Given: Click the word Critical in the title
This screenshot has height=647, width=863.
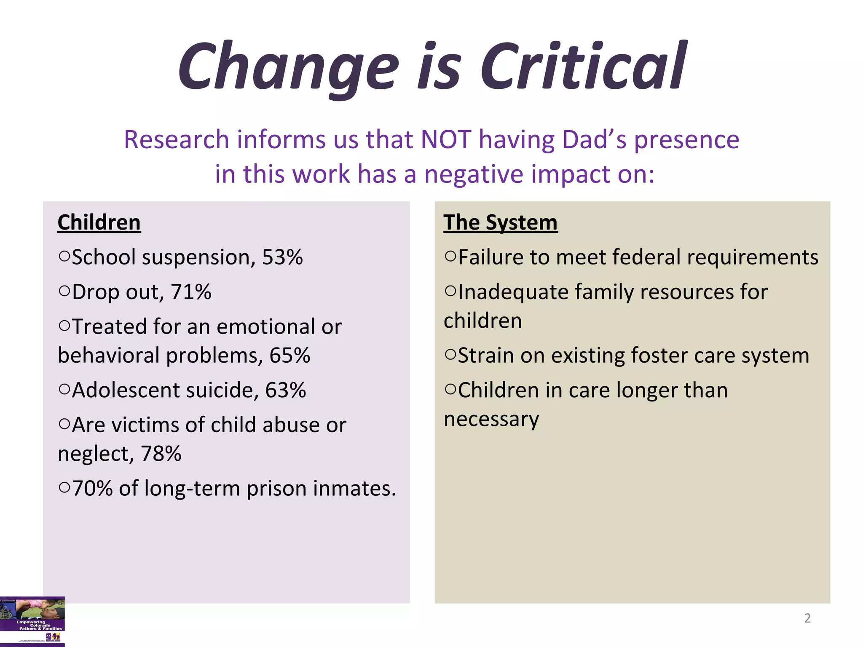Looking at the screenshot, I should point(584,67).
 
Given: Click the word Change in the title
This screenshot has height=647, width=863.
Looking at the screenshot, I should point(288,67).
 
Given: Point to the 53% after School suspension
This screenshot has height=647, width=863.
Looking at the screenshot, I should point(282,257).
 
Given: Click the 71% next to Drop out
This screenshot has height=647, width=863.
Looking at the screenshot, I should point(191,292).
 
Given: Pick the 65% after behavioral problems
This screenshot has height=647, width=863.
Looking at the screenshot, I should point(289,355).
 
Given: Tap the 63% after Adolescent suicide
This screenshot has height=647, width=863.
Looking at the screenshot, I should point(285,390).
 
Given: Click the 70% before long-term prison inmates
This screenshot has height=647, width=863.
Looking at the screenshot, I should point(92,489).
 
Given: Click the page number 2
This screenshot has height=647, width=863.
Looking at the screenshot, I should point(807,618).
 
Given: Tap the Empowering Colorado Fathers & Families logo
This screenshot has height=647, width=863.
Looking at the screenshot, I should point(32,621).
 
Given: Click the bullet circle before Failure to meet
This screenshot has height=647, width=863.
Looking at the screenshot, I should point(450,256).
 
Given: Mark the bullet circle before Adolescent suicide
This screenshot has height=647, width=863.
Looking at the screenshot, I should point(64,389).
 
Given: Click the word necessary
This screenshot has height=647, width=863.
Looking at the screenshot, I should point(491,419).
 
